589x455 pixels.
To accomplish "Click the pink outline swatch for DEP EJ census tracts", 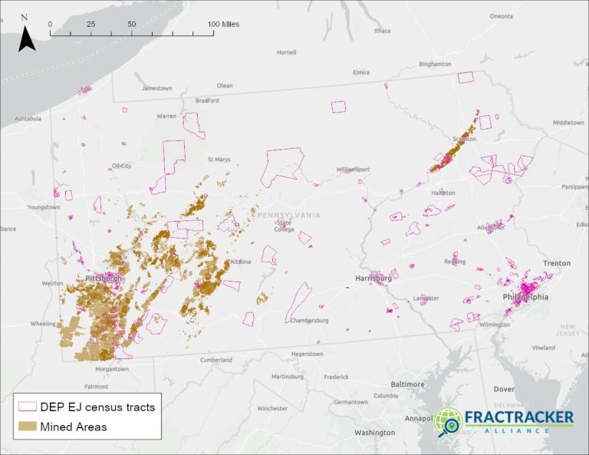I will [28, 407].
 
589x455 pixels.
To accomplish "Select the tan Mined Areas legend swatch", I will [28, 426].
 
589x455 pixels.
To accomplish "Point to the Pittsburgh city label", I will [104, 278].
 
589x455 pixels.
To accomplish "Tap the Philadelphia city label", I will [525, 297].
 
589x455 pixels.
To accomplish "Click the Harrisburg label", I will [373, 279].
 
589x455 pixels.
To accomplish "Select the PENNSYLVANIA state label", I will [288, 216].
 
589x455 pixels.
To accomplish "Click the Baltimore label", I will [407, 384].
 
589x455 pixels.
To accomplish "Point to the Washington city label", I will [374, 433].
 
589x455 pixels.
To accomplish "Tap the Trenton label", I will [557, 263].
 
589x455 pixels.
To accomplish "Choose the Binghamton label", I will [436, 64].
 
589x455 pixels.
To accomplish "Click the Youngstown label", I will [43, 207].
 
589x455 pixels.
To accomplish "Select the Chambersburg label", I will [310, 321].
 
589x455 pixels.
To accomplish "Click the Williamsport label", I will [353, 170].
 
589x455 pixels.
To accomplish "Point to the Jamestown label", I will [156, 88].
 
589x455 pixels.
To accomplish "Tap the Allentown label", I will [491, 228].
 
